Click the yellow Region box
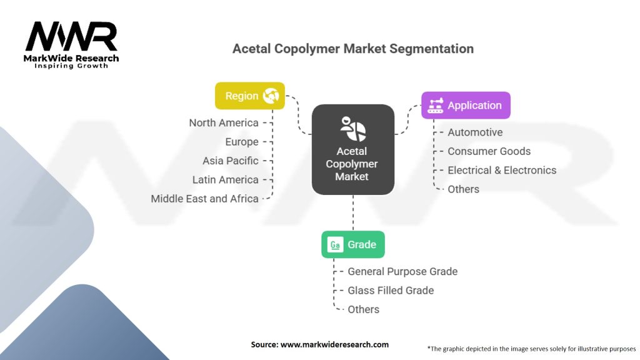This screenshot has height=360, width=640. click(249, 96)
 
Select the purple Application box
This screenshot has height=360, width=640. click(465, 105)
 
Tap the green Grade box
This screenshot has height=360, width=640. click(352, 244)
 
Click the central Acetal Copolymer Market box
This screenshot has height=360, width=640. click(352, 149)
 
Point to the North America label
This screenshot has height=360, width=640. click(224, 122)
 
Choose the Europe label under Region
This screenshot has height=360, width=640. click(242, 142)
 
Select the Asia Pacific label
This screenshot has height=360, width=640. click(230, 161)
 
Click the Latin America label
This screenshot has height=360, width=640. click(225, 179)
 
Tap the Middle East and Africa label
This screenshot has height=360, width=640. click(204, 199)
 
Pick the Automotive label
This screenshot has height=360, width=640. click(475, 132)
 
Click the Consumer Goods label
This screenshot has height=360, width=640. click(489, 151)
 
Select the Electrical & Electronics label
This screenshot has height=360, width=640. click(501, 170)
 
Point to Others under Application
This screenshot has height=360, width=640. click(463, 189)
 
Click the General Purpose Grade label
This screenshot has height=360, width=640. click(402, 271)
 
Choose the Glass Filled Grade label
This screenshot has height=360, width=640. click(391, 290)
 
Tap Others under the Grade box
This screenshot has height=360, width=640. click(363, 309)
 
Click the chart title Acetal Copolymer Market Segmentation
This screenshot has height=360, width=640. click(352, 49)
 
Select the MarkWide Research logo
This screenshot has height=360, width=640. click(71, 44)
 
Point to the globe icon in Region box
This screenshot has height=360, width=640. click(271, 96)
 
